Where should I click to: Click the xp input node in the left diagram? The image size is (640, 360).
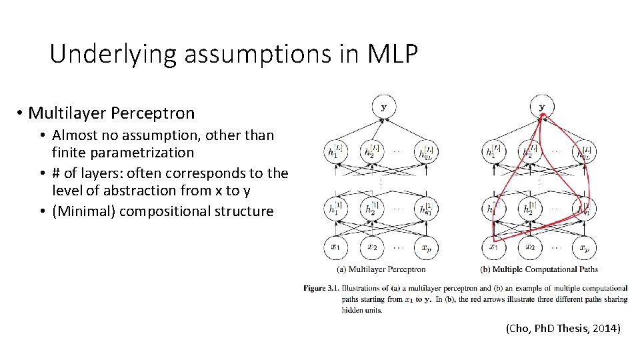[x=424, y=247]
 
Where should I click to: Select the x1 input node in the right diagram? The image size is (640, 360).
[x=493, y=247]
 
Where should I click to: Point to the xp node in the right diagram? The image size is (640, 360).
[x=584, y=247]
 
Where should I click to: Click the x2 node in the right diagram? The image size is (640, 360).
[x=531, y=247]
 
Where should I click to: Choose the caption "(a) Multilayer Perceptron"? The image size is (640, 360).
[x=382, y=269]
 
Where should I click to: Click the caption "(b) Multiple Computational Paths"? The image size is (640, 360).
[x=539, y=269]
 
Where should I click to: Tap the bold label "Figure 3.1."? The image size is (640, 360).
[x=321, y=288]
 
